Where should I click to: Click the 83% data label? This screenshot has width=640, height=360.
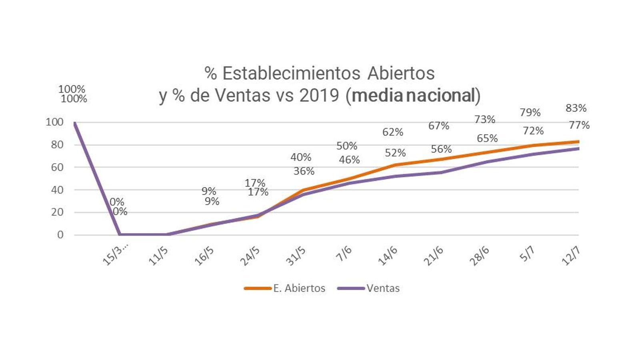[576, 108]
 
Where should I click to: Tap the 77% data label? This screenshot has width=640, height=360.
[579, 125]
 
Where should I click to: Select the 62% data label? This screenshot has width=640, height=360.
[393, 132]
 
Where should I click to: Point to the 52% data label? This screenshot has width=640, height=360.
[395, 153]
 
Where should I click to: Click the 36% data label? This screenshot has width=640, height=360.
[304, 171]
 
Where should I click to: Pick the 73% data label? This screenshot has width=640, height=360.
[485, 119]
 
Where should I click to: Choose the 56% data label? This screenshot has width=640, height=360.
[441, 149]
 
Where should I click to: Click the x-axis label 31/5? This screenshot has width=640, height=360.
[296, 256]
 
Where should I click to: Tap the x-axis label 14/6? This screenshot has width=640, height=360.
[388, 256]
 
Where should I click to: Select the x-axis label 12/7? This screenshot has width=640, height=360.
[571, 256]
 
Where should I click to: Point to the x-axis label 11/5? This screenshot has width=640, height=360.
[158, 256]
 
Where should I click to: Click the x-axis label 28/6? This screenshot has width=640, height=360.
[479, 256]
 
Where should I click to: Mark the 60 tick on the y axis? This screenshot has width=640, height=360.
[57, 167]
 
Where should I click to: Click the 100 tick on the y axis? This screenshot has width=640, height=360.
[55, 122]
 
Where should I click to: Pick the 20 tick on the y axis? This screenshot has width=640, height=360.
[57, 212]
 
